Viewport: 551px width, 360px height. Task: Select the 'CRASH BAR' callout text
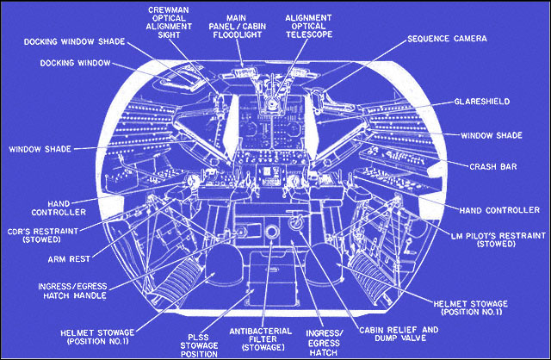tap(492, 166)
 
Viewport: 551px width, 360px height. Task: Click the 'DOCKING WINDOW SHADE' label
tap(74, 40)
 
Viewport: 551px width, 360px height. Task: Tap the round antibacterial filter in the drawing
tap(273, 234)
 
